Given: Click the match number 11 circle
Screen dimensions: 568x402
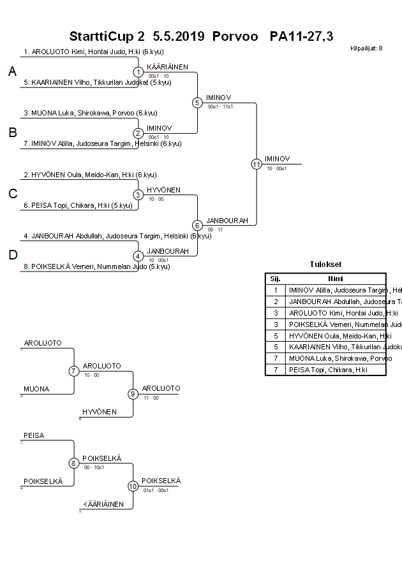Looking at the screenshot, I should [257, 164].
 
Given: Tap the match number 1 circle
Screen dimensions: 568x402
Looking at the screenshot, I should [138, 72].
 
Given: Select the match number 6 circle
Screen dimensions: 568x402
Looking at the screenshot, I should [197, 225].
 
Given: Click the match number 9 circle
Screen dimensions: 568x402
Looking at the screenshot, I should [133, 394].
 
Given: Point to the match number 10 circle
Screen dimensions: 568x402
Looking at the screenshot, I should [133, 486].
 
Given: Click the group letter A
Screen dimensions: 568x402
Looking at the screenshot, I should [12, 72].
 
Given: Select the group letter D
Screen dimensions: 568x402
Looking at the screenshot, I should [12, 256].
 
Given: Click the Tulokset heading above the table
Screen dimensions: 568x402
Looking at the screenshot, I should [325, 265].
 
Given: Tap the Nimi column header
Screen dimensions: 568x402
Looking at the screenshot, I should [336, 279].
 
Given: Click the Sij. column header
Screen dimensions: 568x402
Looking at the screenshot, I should [275, 279].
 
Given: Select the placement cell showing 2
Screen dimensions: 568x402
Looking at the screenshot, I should [275, 302].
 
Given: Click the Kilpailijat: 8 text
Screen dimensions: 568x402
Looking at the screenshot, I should [366, 48].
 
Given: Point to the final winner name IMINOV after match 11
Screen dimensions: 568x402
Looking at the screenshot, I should [277, 159].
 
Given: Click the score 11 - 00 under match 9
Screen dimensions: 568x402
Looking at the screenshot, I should [151, 398].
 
